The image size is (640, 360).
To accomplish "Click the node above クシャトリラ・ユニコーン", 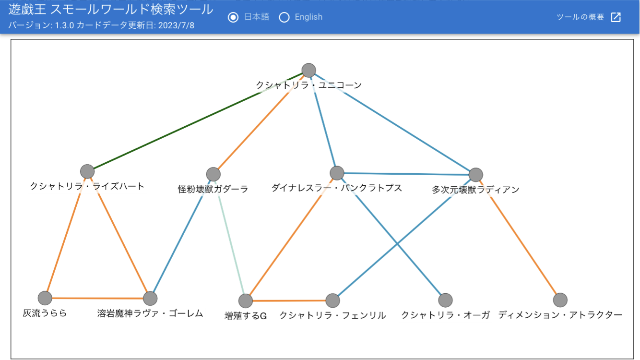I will pos(308,70).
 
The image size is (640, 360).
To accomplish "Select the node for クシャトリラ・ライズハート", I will pos(87,171).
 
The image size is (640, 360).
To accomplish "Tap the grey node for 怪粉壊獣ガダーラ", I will pos(213,174).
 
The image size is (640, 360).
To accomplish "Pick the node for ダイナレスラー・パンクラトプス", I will pos(337,173).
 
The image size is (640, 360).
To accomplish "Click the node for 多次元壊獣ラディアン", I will pos(475,175).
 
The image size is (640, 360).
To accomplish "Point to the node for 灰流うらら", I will pos(45,298).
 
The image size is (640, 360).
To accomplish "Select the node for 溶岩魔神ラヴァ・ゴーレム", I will pos(150,299).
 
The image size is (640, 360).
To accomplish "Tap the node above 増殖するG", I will pos(246,301).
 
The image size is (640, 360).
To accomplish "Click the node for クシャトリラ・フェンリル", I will pos(332,300).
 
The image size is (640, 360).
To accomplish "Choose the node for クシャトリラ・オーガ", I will pos(445,300).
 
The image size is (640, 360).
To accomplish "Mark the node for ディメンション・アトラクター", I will pos(560,300).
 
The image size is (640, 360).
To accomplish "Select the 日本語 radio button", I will pos(233,17).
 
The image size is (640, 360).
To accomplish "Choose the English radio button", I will pos(284,17).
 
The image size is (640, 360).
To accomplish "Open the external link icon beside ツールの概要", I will pos(616,17).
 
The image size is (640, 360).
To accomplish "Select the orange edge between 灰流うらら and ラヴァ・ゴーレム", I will pos(97,298).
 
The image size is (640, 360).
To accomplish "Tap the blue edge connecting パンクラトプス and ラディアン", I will pos(406,174).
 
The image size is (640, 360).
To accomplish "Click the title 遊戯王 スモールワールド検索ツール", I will pos(111,9).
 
